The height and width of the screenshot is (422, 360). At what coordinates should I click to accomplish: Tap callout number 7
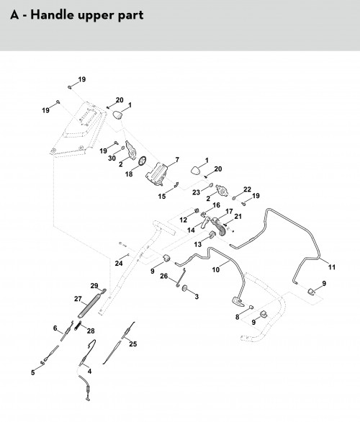(177, 160)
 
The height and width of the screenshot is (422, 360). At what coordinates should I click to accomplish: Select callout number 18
(129, 174)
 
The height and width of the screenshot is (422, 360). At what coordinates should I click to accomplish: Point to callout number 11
(332, 267)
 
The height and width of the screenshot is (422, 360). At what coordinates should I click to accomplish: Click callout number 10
(216, 269)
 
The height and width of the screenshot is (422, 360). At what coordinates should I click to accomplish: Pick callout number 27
(78, 299)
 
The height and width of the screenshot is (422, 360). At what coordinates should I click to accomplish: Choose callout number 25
(133, 344)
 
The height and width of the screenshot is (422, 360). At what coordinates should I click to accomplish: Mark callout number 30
(112, 158)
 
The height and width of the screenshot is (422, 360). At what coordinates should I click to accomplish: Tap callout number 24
(119, 264)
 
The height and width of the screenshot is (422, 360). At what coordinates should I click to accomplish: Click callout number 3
(197, 297)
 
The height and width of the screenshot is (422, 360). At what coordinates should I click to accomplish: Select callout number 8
(237, 317)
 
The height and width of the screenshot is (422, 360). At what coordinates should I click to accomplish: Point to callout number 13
(198, 244)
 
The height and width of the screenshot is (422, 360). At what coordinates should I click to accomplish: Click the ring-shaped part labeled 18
(143, 161)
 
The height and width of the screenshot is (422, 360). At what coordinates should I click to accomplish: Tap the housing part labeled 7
(157, 174)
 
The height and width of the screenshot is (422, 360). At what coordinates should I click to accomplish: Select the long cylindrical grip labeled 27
(89, 306)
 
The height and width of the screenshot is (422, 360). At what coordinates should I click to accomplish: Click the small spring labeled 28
(77, 325)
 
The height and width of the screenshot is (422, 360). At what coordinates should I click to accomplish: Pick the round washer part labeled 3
(185, 288)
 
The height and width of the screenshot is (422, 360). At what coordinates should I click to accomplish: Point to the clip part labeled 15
(176, 185)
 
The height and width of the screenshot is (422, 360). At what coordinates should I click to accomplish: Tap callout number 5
(33, 372)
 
